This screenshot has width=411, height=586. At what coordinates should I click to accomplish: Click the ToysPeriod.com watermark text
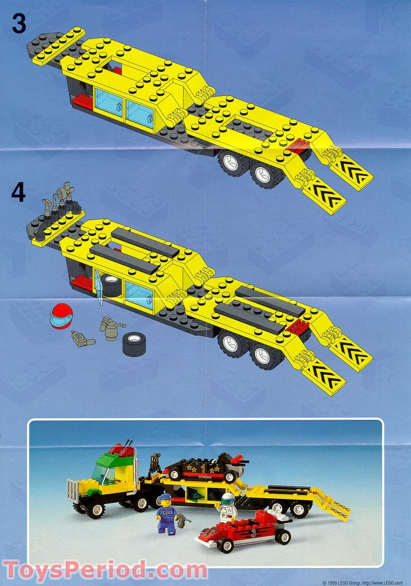pos(105,570)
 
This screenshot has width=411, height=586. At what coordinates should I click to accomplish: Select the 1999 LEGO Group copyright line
pos(365,582)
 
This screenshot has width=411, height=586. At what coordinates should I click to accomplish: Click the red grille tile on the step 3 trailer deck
pos(297,148)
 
